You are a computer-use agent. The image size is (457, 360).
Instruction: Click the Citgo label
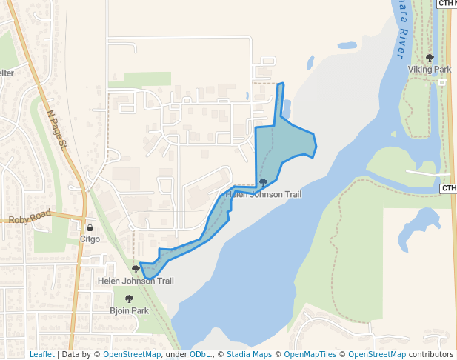[90, 239]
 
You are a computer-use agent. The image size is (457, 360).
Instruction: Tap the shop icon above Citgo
[90, 228]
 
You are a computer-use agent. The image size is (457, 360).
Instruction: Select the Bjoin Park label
[129, 311]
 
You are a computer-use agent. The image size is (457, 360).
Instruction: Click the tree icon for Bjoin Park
[129, 299]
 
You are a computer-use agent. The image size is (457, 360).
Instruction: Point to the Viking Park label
[430, 70]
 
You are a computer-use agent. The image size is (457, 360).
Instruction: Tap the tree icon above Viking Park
[430, 58]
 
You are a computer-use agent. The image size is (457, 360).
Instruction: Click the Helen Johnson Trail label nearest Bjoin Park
[136, 281]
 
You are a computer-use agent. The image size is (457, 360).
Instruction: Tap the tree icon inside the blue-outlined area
[263, 182]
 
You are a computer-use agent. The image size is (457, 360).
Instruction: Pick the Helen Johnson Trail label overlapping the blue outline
[264, 194]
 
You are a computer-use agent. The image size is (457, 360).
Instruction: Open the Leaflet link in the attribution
[41, 355]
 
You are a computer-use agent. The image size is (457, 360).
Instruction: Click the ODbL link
[200, 355]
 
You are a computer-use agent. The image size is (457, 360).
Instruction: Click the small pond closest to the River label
[347, 45]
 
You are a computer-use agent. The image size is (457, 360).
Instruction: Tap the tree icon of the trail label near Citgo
[136, 270]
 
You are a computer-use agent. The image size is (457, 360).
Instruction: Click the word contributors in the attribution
[430, 355]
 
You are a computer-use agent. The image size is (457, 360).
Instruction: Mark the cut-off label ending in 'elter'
[7, 73]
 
